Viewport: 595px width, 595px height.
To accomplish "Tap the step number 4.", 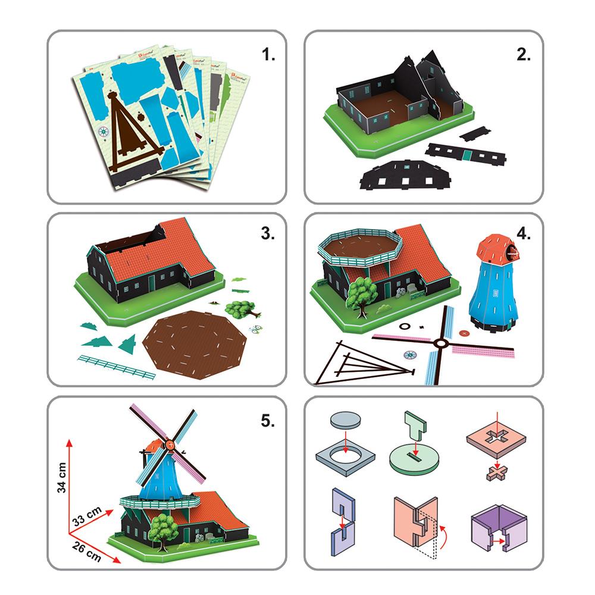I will pyautogui.click(x=524, y=233).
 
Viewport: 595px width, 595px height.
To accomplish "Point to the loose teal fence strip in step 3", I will pyautogui.click(x=116, y=365).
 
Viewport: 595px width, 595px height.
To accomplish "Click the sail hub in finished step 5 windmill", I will pyautogui.click(x=171, y=443).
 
